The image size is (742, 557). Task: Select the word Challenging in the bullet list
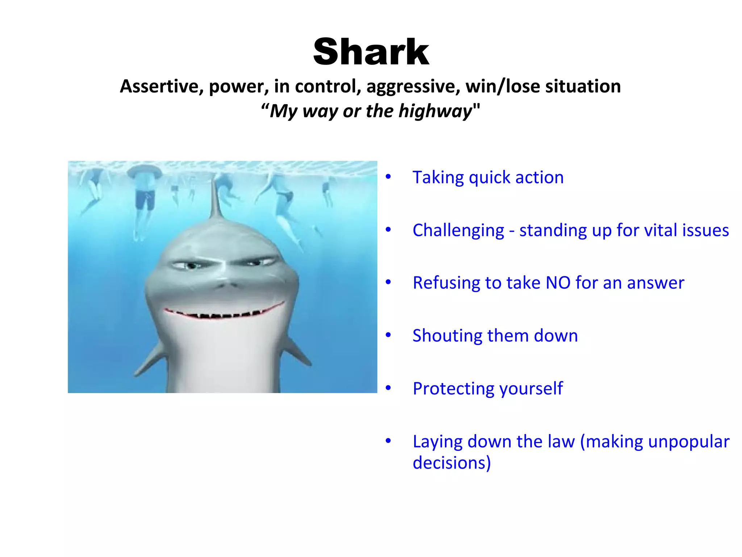(x=458, y=231)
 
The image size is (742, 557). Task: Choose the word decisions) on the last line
(x=451, y=463)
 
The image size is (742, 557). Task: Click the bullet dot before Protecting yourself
(x=388, y=388)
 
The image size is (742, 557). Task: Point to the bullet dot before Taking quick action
(x=388, y=177)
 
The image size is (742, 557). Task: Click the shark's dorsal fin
(x=216, y=199)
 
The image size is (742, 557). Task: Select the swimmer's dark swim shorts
(x=145, y=200)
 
